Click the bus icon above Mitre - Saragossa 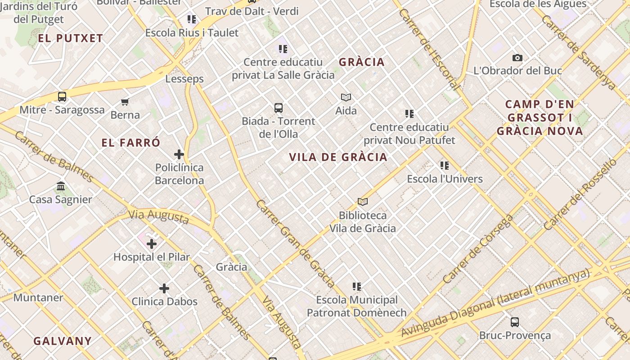click(x=62, y=97)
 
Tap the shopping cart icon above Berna click(x=125, y=102)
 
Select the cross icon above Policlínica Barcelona click(x=179, y=154)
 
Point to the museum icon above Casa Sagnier click(x=61, y=186)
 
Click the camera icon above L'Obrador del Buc click(x=517, y=58)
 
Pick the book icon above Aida click(x=346, y=97)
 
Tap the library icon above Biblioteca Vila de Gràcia click(x=362, y=202)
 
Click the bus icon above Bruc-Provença click(x=515, y=322)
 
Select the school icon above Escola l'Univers click(x=445, y=166)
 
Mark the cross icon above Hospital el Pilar click(x=152, y=244)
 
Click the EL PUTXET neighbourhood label click(x=71, y=38)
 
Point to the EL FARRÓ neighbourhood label click(x=130, y=143)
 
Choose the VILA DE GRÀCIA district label click(x=338, y=157)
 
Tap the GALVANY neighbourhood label click(x=63, y=341)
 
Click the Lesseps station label click(x=184, y=79)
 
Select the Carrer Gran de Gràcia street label click(x=295, y=243)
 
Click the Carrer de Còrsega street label click(x=478, y=249)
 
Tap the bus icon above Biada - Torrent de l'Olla click(x=279, y=108)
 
